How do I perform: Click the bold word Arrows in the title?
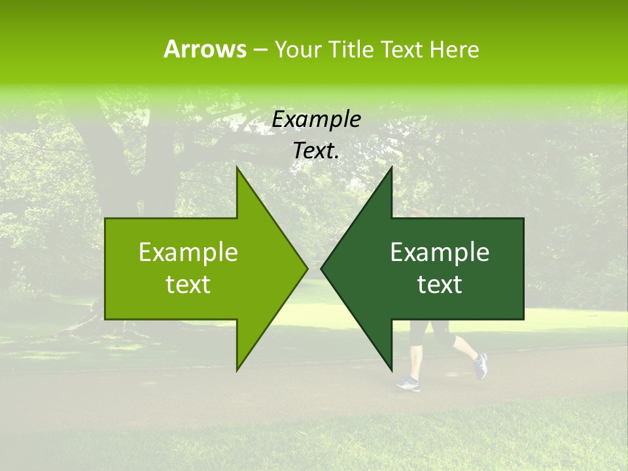pyautogui.click(x=205, y=49)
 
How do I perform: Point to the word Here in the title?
pyautogui.click(x=454, y=49)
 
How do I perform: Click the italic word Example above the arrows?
pyautogui.click(x=316, y=120)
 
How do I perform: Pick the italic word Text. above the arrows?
pyautogui.click(x=316, y=150)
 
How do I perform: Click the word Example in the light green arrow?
pyautogui.click(x=188, y=253)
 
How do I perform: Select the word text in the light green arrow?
pyautogui.click(x=188, y=285)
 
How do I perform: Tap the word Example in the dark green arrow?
pyautogui.click(x=440, y=253)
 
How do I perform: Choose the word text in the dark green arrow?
pyautogui.click(x=440, y=285)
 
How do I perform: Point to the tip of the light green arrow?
pyautogui.click(x=306, y=268)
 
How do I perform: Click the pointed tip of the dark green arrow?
pyautogui.click(x=322, y=268)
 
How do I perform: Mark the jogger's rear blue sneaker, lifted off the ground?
pyautogui.click(x=480, y=365)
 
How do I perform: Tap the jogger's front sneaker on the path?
pyautogui.click(x=408, y=384)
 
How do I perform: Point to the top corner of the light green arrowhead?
pyautogui.click(x=237, y=168)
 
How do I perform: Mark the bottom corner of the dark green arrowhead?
pyautogui.click(x=391, y=370)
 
